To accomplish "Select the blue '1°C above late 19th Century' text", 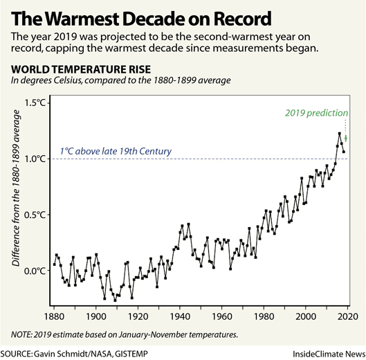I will (x=116, y=152).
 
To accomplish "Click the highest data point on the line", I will (x=339, y=134).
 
